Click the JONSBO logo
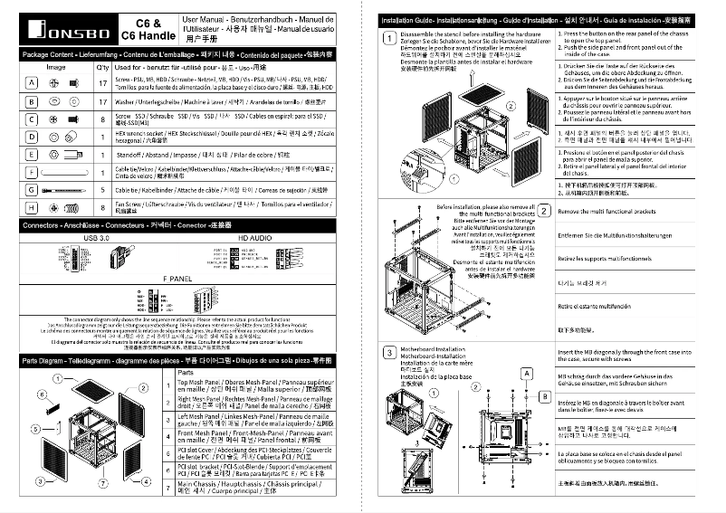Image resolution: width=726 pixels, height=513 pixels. pyautogui.click(x=62, y=29)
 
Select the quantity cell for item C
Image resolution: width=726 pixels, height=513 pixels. pyautogui.click(x=102, y=119)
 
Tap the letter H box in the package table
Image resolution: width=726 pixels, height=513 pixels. pyautogui.click(x=32, y=208)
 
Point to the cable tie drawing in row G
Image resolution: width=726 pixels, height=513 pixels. pyautogui.click(x=66, y=190)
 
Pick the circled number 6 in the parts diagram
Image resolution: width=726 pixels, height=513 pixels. pyautogui.click(x=42, y=395)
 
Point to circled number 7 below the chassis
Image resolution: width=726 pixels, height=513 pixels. pyautogui.click(x=104, y=484)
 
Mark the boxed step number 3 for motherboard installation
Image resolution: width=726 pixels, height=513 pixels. pyautogui.click(x=387, y=352)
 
